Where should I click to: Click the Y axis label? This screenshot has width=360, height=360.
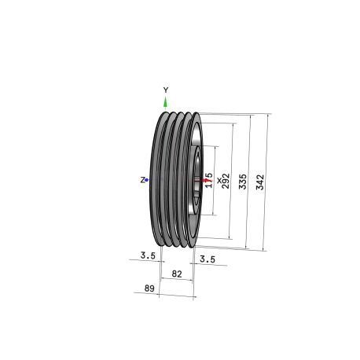coord(165,90)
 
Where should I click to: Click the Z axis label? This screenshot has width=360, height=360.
coord(142,180)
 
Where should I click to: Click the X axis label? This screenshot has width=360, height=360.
coord(219,180)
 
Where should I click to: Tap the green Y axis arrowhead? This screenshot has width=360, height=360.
coord(165,102)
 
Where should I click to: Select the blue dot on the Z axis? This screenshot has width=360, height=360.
coord(147,180)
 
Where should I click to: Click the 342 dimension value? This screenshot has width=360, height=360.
coord(260,182)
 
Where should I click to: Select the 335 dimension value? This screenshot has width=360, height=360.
coord(243,182)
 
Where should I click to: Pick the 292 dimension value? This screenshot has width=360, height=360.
coord(226,181)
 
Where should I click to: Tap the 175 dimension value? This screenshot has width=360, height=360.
coord(209,180)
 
